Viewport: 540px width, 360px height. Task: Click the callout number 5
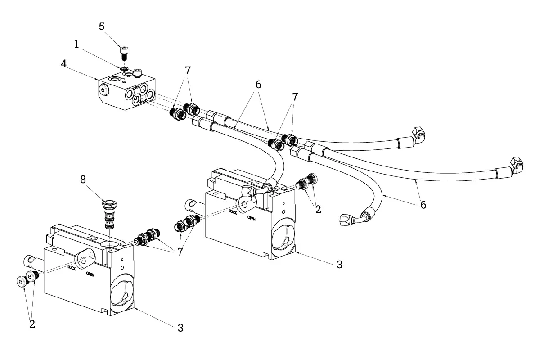tap(102, 27)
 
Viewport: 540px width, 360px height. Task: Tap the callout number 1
tap(76, 45)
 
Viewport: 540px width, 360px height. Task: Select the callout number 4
tap(63, 64)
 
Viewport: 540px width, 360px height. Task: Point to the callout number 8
tap(83, 180)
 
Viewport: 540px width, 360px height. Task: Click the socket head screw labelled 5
tap(124, 53)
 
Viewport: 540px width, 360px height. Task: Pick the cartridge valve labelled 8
tap(110, 214)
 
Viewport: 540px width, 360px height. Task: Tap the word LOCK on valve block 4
tap(143, 102)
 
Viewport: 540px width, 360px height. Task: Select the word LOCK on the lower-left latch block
tap(72, 268)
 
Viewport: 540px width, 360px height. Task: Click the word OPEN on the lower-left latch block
tap(90, 274)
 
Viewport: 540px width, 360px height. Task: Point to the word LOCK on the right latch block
tap(233, 211)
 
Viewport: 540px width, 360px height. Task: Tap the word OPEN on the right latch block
tap(252, 218)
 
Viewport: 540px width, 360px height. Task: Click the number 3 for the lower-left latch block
tap(180, 328)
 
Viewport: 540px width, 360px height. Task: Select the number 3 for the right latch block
tap(339, 265)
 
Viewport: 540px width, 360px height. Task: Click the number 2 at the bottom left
tap(32, 324)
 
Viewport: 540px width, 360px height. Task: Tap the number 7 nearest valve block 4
tap(188, 71)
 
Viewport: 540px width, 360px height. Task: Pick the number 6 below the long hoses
tap(423, 205)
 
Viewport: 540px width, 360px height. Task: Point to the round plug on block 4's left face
tap(103, 90)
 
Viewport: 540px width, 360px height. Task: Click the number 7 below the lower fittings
tap(180, 252)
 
